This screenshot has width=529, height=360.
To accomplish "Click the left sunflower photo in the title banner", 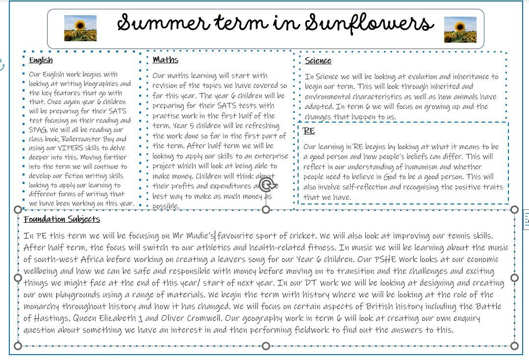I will click(x=80, y=28).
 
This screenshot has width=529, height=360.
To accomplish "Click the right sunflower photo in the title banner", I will click(x=460, y=29).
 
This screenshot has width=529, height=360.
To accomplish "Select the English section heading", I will click(x=41, y=60).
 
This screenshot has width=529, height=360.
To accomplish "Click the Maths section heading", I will click(x=165, y=60).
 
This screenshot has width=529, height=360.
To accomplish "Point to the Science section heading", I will click(x=318, y=61).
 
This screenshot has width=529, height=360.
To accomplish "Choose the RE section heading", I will click(x=309, y=131).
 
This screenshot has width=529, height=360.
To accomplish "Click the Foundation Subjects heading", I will click(x=62, y=219).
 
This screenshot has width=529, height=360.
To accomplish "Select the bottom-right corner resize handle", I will click(x=514, y=346).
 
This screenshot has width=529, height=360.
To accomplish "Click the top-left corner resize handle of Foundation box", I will click(x=18, y=209).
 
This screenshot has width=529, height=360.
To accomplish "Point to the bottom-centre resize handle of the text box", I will click(x=266, y=346).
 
